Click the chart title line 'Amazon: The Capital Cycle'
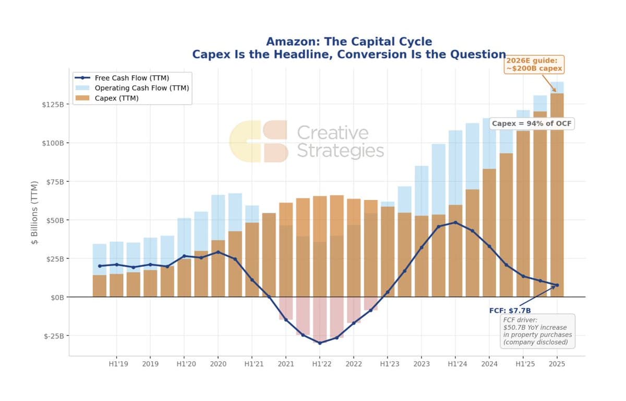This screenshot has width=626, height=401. tap(348, 42)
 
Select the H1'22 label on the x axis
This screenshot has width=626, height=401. tap(319, 364)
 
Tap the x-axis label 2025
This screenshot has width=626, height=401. tap(557, 364)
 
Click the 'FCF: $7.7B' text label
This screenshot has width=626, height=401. tap(510, 310)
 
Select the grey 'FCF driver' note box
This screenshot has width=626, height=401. tap(537, 331)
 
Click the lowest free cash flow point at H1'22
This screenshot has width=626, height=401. tap(320, 343)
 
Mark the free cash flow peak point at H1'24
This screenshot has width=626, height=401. tap(455, 222)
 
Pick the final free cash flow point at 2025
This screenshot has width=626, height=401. tap(557, 285)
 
